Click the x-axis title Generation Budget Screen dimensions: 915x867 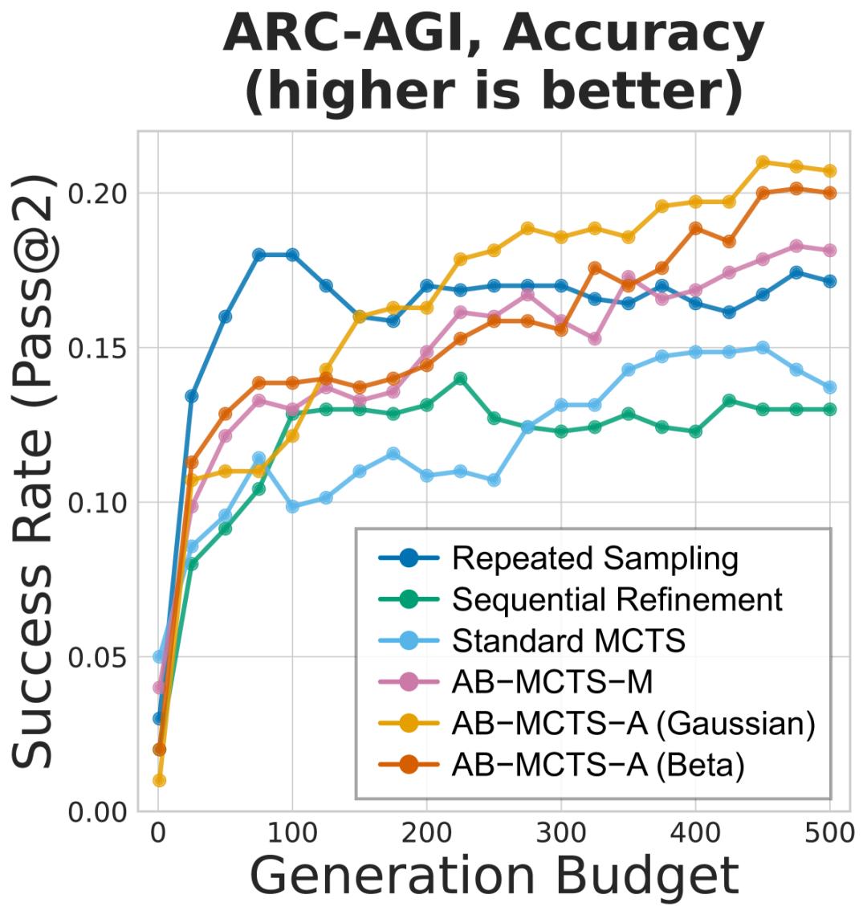(x=494, y=875)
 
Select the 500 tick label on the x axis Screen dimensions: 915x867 (x=828, y=836)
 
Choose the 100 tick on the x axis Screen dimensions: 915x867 (x=292, y=836)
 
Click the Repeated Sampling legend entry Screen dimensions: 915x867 (x=594, y=558)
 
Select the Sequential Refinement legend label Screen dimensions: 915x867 (x=617, y=599)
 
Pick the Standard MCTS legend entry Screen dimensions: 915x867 (x=568, y=640)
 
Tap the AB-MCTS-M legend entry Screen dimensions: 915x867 (x=552, y=682)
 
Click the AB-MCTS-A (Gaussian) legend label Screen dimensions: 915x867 (x=633, y=724)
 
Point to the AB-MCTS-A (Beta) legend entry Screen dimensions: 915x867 (x=598, y=766)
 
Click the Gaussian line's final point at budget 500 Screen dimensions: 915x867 (x=829, y=171)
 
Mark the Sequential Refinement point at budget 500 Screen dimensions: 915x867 (x=829, y=409)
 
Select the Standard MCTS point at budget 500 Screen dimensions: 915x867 (x=829, y=387)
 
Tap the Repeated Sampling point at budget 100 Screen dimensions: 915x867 (x=292, y=255)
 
